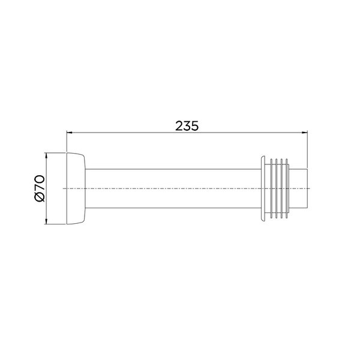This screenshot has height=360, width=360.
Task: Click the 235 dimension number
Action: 187,126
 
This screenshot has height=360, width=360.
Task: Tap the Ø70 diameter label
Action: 39,188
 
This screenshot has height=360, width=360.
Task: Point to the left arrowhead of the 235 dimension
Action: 70,133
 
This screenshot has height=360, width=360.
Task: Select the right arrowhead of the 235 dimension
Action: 304,133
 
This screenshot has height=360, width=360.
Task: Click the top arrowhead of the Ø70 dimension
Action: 46,155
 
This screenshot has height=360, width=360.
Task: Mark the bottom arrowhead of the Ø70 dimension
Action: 46,221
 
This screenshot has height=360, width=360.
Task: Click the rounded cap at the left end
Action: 76,188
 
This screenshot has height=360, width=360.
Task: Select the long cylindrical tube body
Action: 173,188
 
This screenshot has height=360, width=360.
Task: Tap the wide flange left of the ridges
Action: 263,188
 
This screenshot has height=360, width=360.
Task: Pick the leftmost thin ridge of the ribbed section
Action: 271,188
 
